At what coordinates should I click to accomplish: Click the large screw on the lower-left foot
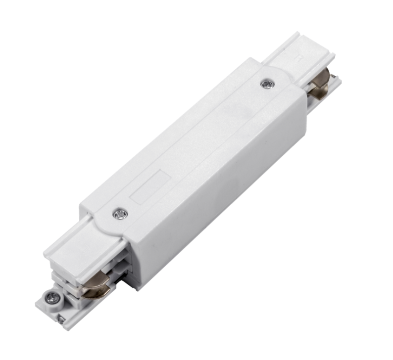pyautogui.click(x=52, y=298)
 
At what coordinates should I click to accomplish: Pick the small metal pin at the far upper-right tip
pyautogui.click(x=335, y=77)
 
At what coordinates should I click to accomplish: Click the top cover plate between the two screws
pyautogui.click(x=193, y=143)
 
